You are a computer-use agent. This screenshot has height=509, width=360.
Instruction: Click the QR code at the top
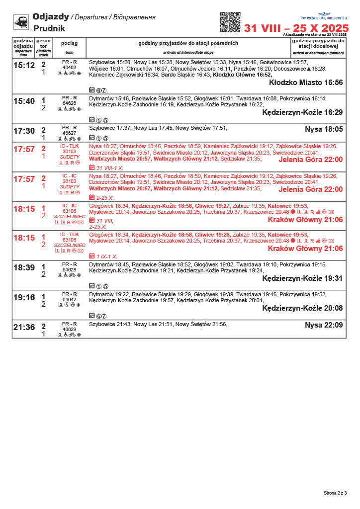[x=230, y=22]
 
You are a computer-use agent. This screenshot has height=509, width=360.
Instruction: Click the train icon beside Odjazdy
[x=21, y=21]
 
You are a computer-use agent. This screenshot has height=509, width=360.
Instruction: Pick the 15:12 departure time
[x=24, y=66]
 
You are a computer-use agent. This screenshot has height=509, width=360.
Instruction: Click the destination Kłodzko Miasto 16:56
[x=306, y=83]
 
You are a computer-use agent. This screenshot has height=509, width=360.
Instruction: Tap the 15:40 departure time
[x=24, y=101]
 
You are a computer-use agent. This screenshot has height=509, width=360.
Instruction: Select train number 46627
[x=69, y=133]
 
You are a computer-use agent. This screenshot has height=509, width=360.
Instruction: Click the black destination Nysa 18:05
[x=324, y=129]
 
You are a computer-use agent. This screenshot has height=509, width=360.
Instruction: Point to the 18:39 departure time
[x=24, y=268]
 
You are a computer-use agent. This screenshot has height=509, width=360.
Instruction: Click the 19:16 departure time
[x=24, y=298]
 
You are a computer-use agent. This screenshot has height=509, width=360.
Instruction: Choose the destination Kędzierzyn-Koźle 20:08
[x=302, y=308]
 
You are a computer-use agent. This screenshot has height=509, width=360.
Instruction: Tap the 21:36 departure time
[x=24, y=328]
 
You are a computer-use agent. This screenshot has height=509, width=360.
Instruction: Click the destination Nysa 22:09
[x=324, y=326]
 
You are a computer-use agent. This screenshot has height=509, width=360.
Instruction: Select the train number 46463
[x=69, y=67]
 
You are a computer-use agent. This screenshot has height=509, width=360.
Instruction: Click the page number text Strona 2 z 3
[x=335, y=493]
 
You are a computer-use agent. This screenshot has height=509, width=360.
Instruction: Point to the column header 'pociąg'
[x=69, y=43]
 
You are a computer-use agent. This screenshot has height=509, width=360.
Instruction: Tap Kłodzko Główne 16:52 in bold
[x=242, y=75]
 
